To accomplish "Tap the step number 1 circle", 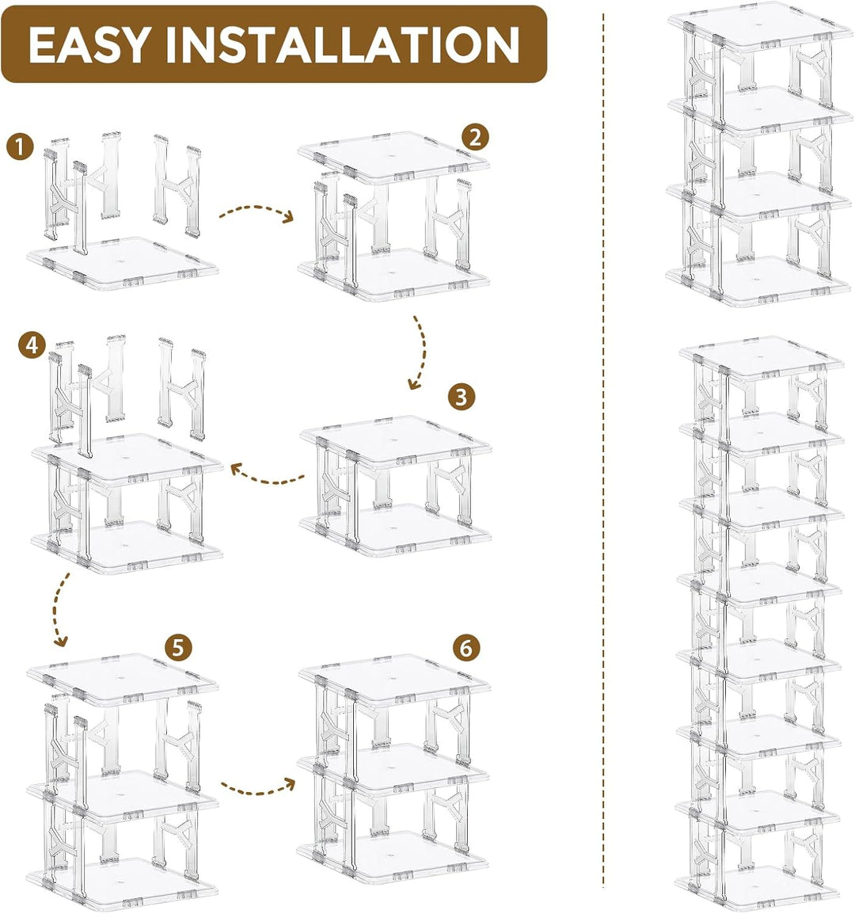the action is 21,147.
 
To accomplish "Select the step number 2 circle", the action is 475,138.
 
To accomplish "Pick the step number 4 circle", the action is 32,345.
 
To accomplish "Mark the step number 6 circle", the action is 465,647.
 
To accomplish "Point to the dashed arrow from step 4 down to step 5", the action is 56,609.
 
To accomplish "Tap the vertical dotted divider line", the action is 603,458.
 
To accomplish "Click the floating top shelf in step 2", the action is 393,158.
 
